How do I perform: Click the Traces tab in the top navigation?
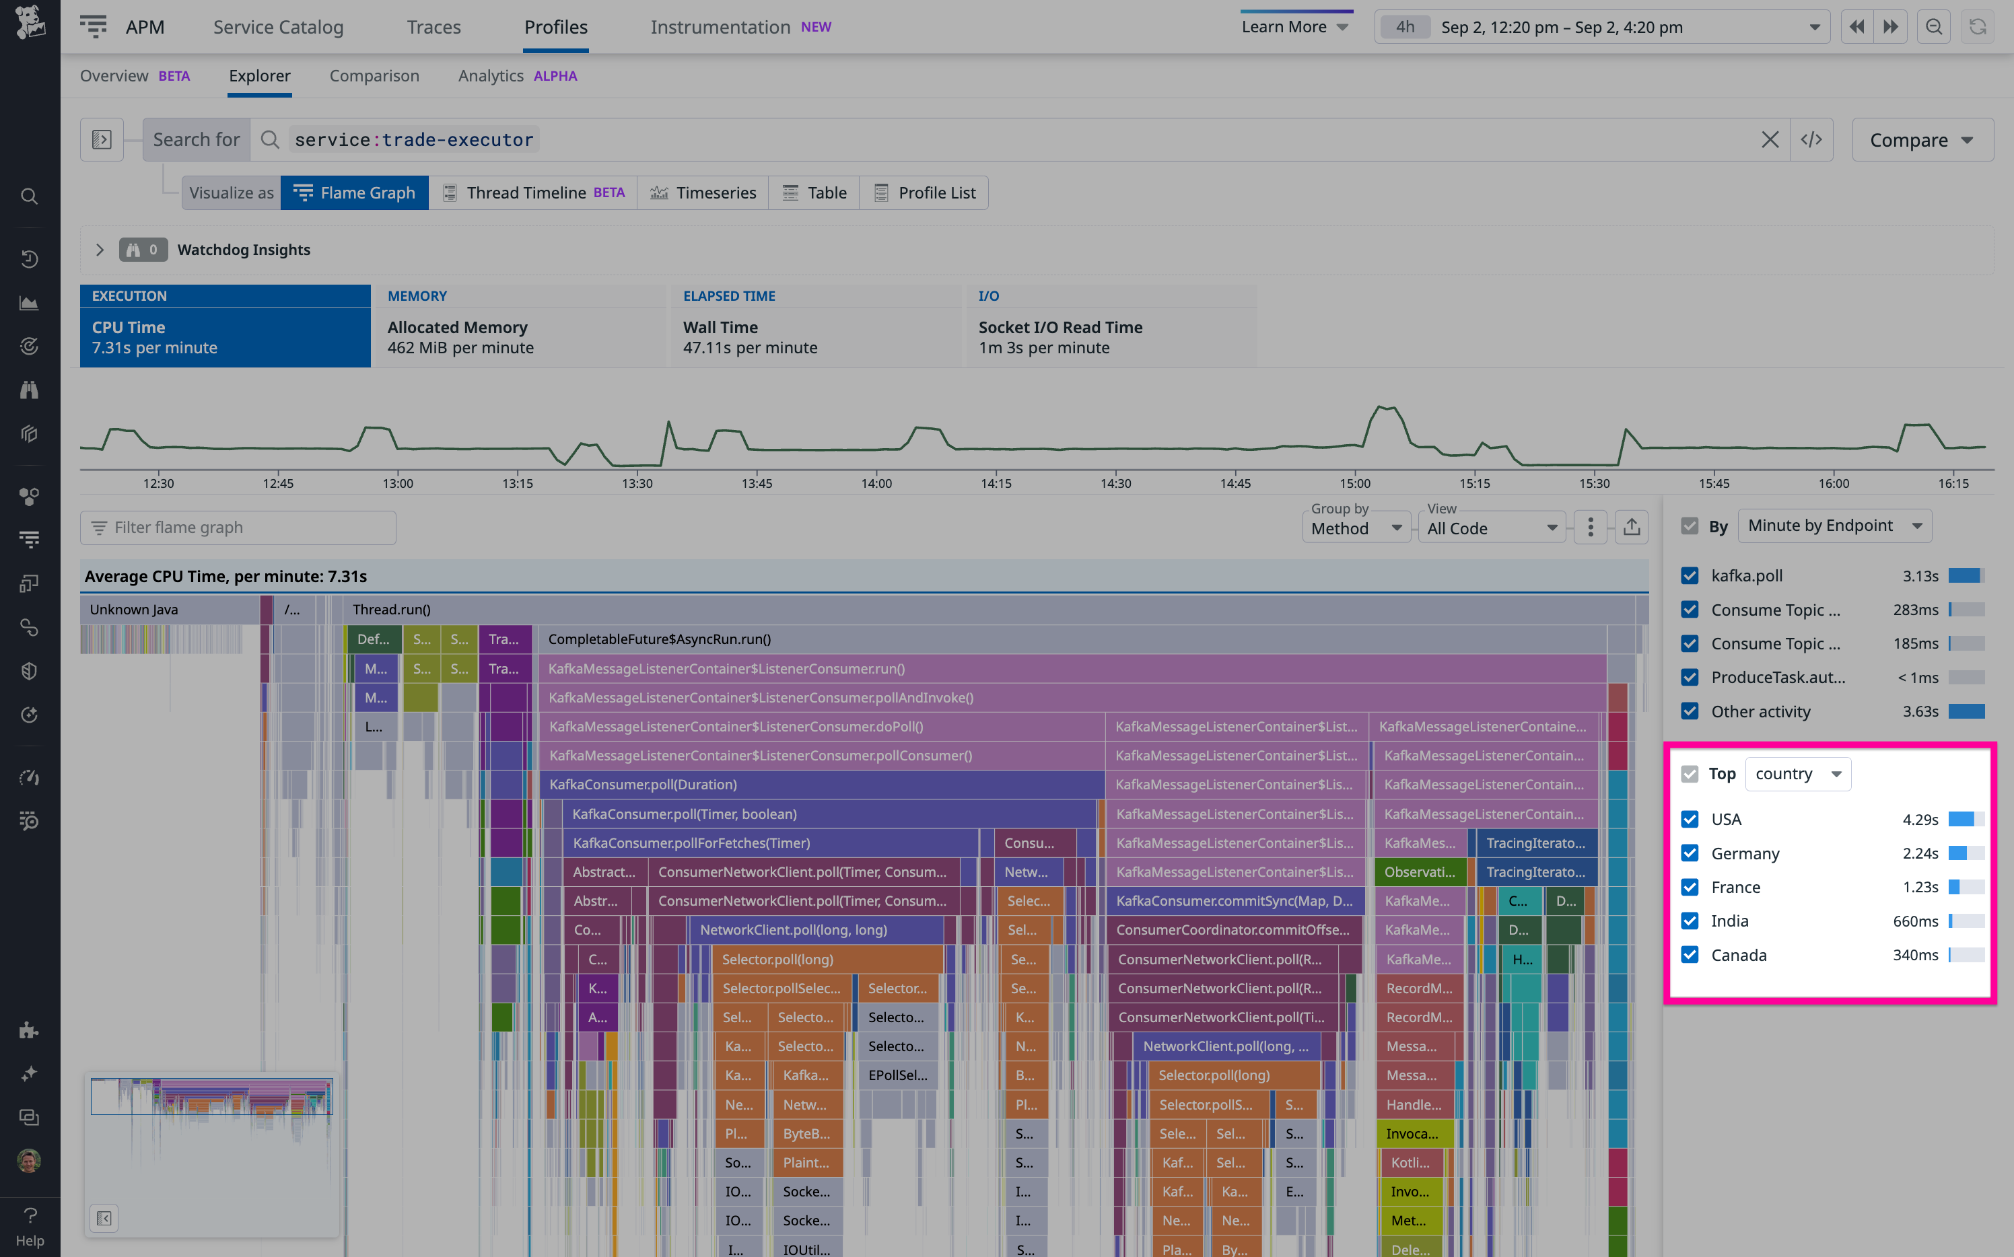(x=433, y=28)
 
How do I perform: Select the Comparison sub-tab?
(x=374, y=75)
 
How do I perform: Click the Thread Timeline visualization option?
(x=533, y=193)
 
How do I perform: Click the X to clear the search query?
(x=1770, y=140)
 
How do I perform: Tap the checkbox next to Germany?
(x=1690, y=853)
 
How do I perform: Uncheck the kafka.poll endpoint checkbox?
(x=1690, y=575)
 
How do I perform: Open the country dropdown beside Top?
(x=1798, y=774)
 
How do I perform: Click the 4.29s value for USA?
(x=1919, y=820)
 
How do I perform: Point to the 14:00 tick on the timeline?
(x=876, y=483)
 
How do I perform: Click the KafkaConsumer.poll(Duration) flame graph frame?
(x=643, y=785)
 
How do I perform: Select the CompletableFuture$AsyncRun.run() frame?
(x=660, y=639)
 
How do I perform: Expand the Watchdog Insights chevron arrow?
(x=100, y=250)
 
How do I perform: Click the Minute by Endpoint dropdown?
(x=1834, y=526)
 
